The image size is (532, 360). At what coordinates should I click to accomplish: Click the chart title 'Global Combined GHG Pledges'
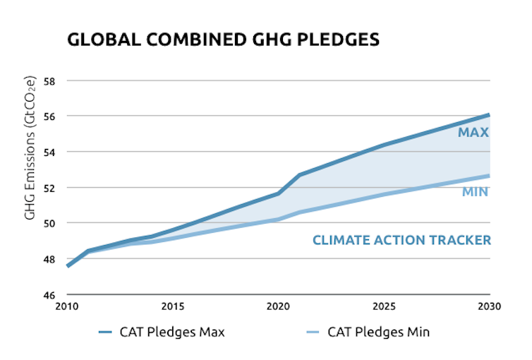223,40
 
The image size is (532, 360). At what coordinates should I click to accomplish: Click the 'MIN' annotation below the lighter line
476,192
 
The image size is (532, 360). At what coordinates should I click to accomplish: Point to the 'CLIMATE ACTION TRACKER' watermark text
401,241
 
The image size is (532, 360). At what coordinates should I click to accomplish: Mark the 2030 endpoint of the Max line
489,115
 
